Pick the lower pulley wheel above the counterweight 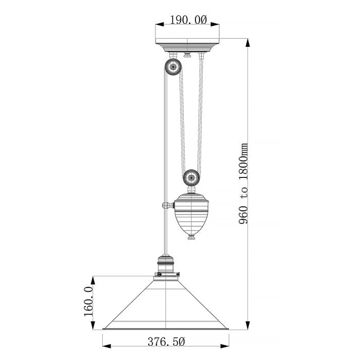tap(191, 178)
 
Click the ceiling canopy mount tap(188, 45)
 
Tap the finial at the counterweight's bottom tap(191, 237)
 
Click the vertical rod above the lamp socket tap(165, 231)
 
